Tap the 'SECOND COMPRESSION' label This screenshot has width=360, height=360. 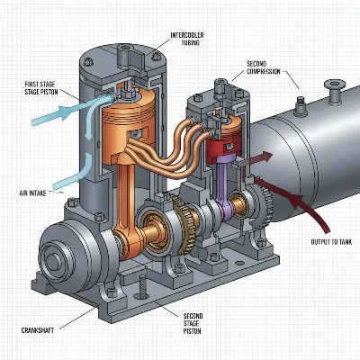tap(263, 68)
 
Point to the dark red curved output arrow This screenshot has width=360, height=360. tap(306, 211)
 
